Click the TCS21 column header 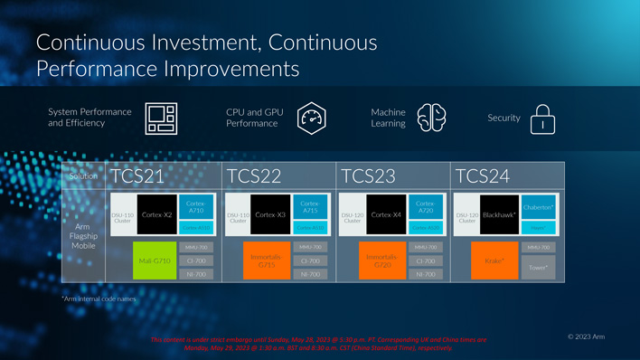tap(137, 175)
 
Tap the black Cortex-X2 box tap(156, 215)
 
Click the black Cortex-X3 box tap(270, 215)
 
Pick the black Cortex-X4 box tap(386, 215)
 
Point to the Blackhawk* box tap(499, 215)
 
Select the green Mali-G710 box tap(154, 261)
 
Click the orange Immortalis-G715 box tap(267, 261)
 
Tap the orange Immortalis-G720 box tap(382, 261)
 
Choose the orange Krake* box tap(494, 261)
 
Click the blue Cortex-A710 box tap(196, 206)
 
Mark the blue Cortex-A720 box tap(426, 206)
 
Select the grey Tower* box tap(539, 268)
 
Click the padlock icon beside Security tap(542, 118)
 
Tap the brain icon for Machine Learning tap(431, 118)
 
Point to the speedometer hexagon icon tap(312, 118)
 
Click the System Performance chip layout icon tap(161, 118)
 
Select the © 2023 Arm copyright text tap(586, 336)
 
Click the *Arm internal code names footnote tap(99, 298)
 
